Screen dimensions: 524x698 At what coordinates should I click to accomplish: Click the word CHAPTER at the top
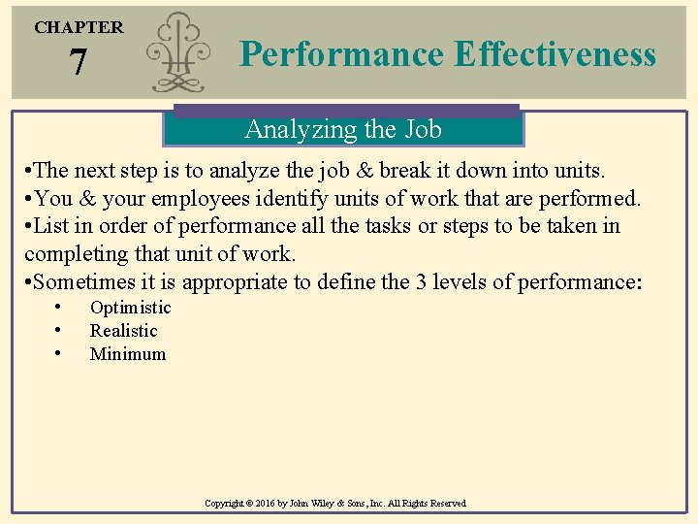click(79, 27)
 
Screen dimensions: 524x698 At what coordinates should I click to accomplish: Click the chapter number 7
click(79, 64)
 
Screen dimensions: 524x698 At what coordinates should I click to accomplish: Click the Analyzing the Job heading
click(343, 129)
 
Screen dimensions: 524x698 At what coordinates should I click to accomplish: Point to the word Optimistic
click(130, 308)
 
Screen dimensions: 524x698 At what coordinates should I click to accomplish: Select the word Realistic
click(123, 331)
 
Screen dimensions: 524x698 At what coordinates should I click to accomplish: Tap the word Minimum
click(128, 354)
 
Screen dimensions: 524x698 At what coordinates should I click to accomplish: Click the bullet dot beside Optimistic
click(59, 308)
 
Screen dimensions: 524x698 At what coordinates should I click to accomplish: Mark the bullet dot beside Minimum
click(59, 354)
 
